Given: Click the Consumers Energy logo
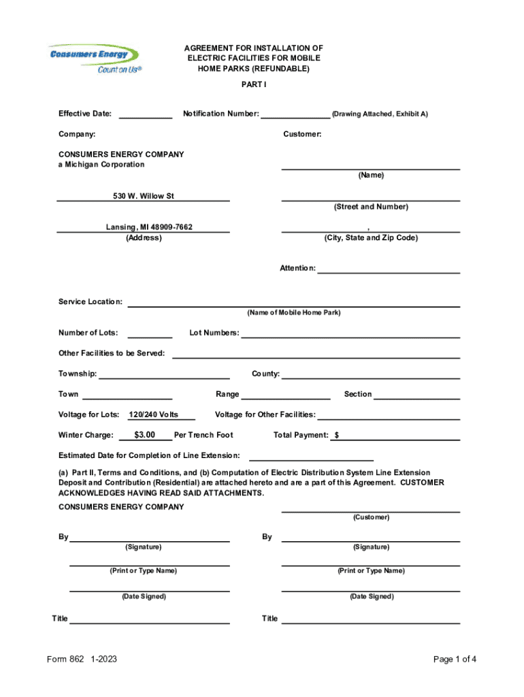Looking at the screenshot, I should pyautogui.click(x=93, y=58).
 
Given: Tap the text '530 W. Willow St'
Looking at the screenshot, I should pyautogui.click(x=144, y=196).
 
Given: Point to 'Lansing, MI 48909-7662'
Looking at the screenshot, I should pyautogui.click(x=144, y=227).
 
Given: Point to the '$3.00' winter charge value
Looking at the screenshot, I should pyautogui.click(x=145, y=435).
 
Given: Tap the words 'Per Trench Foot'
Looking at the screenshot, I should pyautogui.click(x=203, y=435).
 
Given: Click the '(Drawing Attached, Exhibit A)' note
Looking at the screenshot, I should pyautogui.click(x=380, y=114).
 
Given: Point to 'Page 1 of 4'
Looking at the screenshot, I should pyautogui.click(x=455, y=659).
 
